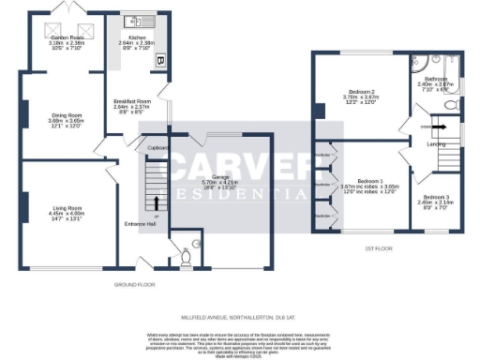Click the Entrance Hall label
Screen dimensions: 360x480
tap(139, 224)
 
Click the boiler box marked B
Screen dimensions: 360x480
tap(159, 63)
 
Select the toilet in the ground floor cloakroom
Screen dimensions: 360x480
tap(187, 254)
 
